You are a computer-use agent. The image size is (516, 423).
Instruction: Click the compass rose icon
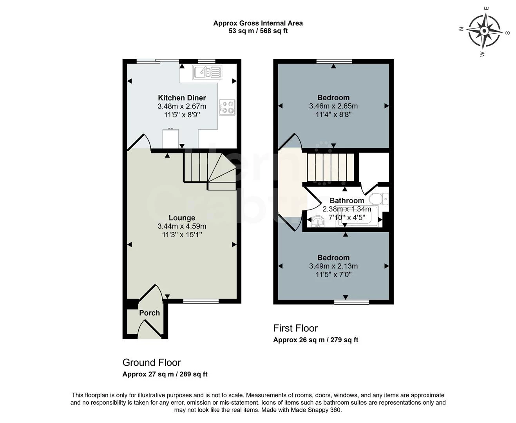click(x=485, y=31)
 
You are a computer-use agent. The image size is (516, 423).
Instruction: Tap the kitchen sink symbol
click(x=207, y=72)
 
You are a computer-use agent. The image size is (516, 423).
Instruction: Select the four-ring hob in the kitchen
click(x=227, y=107)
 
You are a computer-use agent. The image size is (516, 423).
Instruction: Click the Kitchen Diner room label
click(x=182, y=98)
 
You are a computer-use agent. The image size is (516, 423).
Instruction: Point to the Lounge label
click(x=182, y=218)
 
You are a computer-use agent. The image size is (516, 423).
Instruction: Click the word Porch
click(x=149, y=313)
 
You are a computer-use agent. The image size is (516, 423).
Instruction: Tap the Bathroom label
click(x=346, y=201)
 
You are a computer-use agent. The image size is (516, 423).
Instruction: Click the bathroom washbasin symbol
click(x=317, y=222)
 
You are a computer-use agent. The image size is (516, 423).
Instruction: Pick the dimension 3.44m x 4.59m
click(x=182, y=226)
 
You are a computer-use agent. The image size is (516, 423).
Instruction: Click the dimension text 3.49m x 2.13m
click(x=333, y=266)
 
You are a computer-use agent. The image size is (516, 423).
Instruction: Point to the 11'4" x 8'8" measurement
click(x=333, y=114)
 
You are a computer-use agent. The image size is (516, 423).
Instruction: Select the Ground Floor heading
click(x=152, y=362)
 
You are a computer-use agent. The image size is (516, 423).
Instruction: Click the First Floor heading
click(x=295, y=328)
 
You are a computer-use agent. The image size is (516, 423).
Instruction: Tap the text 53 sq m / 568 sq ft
click(x=258, y=31)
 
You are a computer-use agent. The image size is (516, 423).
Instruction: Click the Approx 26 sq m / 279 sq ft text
click(x=315, y=340)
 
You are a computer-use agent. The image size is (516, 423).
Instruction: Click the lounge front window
click(x=201, y=301)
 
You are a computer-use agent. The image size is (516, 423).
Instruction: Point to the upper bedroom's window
click(x=334, y=61)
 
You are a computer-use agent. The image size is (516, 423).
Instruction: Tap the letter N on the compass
click(x=462, y=28)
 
